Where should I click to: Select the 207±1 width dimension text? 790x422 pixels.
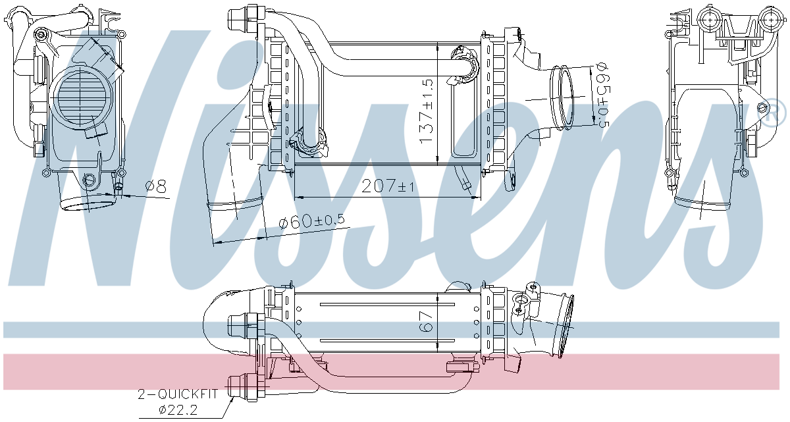(388, 186)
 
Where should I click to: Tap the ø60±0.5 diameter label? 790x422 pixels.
(311, 221)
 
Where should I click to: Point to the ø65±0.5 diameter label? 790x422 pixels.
(602, 95)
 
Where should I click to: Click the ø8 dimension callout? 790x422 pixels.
(155, 186)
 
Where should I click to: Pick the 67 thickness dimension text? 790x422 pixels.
(426, 321)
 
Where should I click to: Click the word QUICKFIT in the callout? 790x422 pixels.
(188, 394)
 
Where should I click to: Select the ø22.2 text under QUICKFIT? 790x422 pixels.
(178, 409)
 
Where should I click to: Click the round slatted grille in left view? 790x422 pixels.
(81, 95)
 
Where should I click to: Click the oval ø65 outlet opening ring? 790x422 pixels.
(562, 97)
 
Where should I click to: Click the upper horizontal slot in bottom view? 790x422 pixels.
(387, 304)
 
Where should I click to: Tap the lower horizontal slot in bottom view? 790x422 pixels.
(387, 341)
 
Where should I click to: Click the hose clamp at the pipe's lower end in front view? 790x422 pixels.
(308, 143)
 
